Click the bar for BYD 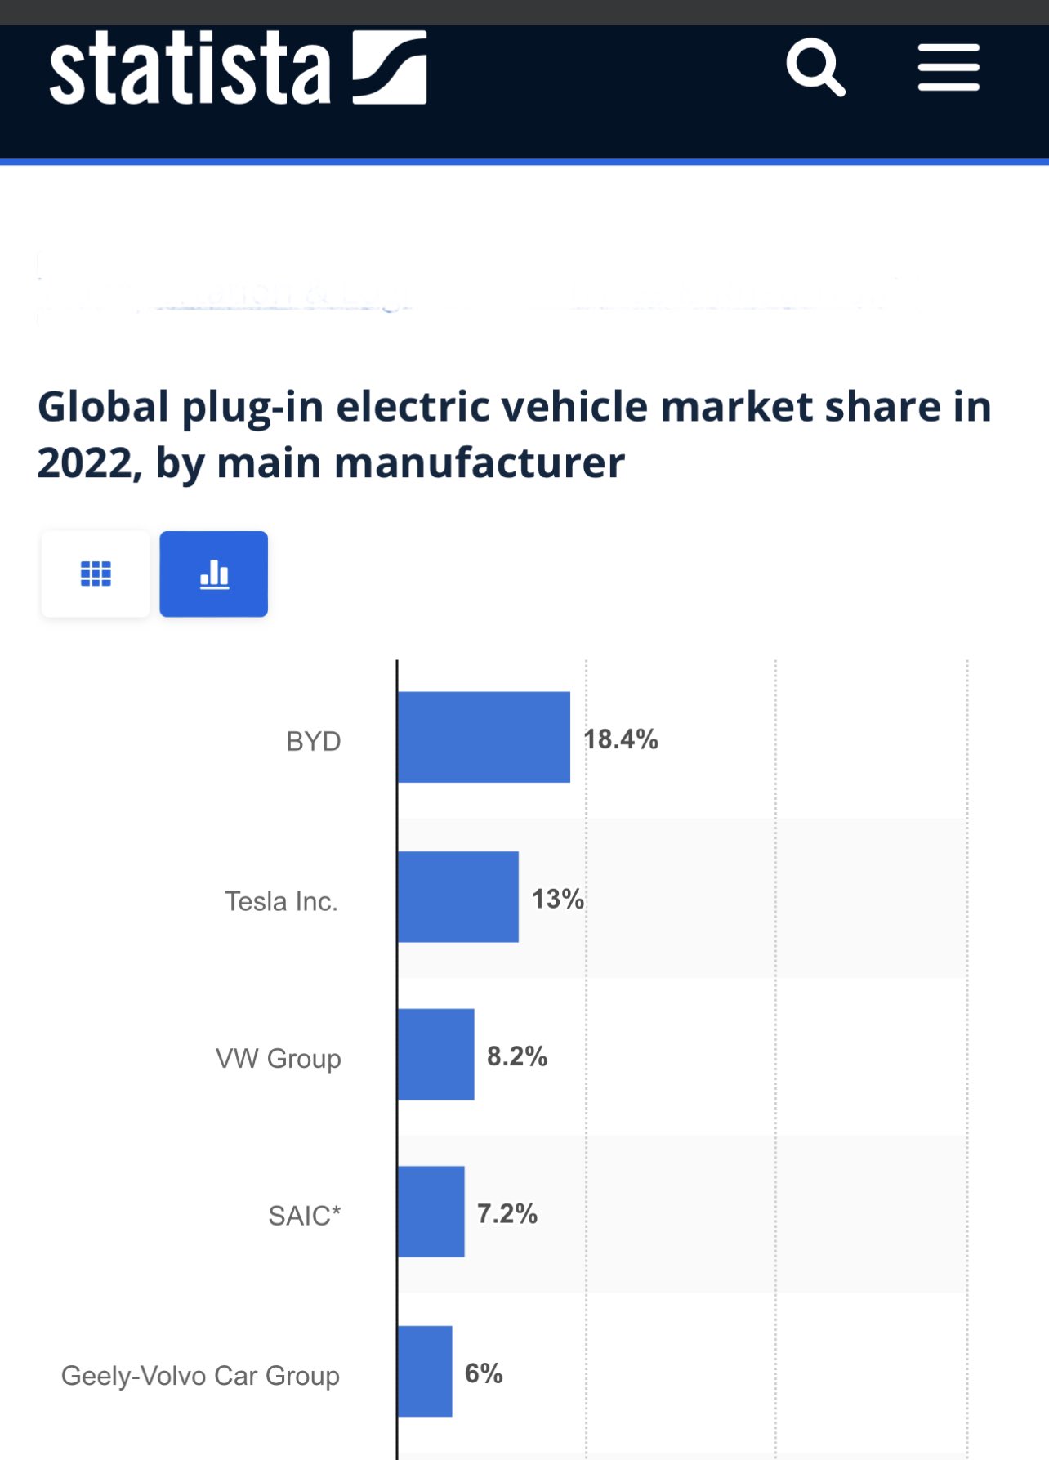484,737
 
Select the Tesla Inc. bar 458,896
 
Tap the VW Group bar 436,1054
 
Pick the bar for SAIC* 431,1212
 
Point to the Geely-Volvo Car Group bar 425,1371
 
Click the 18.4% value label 621,739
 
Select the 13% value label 558,900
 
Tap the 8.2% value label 517,1056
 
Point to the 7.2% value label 507,1214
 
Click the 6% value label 484,1373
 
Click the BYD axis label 314,742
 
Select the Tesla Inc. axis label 281,901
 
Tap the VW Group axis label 279,1059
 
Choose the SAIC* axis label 305,1216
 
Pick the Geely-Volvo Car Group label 200,1376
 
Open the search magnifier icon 815,67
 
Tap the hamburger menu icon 949,68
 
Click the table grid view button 96,574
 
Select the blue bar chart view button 214,574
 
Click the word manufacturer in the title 480,463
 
